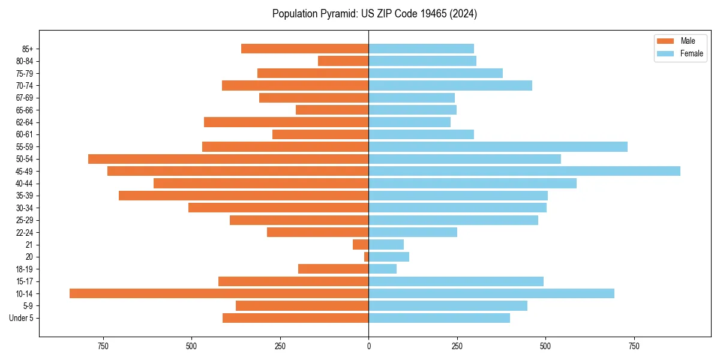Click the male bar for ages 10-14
click(x=219, y=293)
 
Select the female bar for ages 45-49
click(x=524, y=171)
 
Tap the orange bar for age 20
click(x=366, y=257)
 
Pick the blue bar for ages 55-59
click(x=498, y=146)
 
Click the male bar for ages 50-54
click(x=228, y=159)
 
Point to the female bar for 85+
click(x=421, y=49)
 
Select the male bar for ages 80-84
click(x=343, y=61)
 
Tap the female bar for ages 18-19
click(x=382, y=269)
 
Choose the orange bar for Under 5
click(x=295, y=318)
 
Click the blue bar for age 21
click(x=386, y=244)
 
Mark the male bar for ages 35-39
click(x=244, y=196)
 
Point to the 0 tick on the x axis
click(x=368, y=346)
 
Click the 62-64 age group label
click(x=25, y=122)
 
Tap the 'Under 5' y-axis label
click(x=21, y=318)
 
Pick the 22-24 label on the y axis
click(x=25, y=232)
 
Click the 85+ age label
click(x=27, y=49)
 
